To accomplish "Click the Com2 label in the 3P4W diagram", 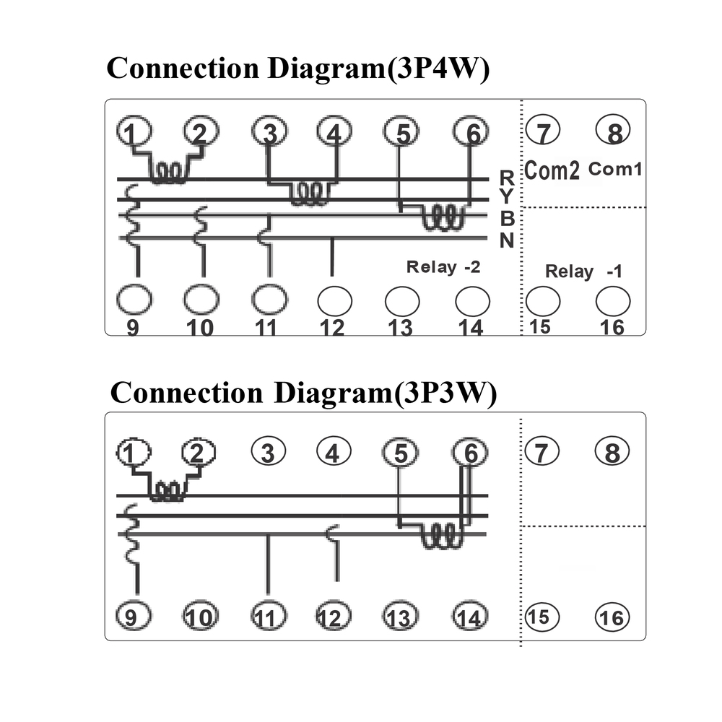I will click(x=551, y=171).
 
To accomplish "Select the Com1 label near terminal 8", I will click(x=615, y=170).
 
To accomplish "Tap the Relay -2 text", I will click(x=443, y=267).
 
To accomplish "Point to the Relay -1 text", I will click(x=583, y=271).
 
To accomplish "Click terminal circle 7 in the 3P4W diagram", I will click(x=544, y=132).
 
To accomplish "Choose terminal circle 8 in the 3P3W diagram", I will click(x=612, y=453).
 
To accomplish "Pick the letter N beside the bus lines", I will click(x=507, y=241).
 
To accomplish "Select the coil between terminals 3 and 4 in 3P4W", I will click(x=310, y=194).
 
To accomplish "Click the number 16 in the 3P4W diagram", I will click(x=612, y=327).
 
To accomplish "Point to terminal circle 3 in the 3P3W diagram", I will click(x=268, y=453).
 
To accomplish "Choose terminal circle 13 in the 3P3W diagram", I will click(x=399, y=618).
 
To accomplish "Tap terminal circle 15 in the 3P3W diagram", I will click(x=538, y=617).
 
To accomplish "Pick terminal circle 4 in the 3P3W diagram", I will click(x=333, y=453).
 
